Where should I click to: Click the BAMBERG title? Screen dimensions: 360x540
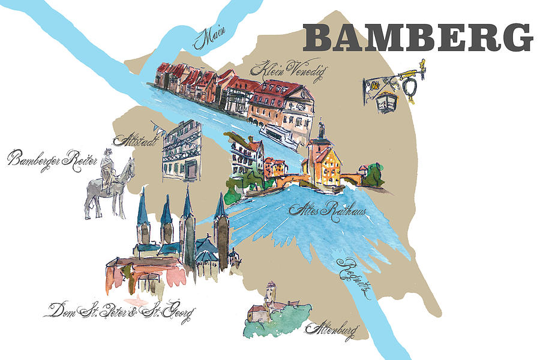[418, 37]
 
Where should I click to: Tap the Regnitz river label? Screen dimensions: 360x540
[354, 278]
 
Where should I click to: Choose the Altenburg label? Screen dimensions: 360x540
[331, 329]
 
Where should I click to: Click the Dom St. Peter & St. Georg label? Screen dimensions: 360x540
[120, 311]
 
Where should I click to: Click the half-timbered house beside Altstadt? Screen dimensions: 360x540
[181, 151]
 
